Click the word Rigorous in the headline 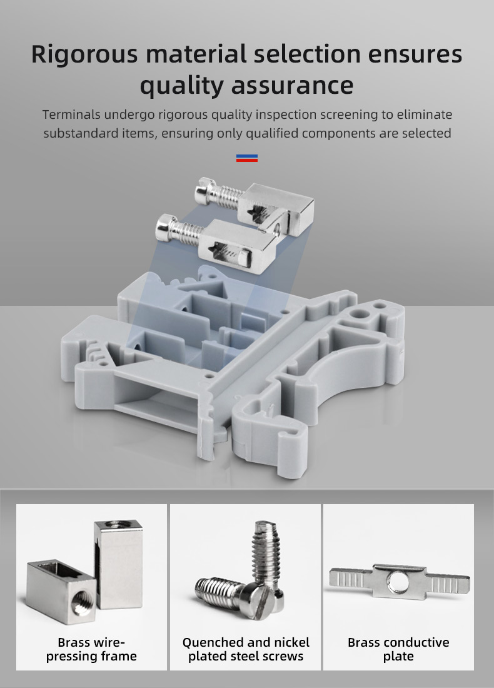[84, 55]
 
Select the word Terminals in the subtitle [71, 114]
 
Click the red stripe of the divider [247, 160]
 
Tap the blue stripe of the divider [247, 156]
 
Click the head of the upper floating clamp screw [203, 188]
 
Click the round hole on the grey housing [361, 314]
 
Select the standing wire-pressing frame [118, 564]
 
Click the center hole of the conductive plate [398, 583]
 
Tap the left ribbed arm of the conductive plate [351, 579]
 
